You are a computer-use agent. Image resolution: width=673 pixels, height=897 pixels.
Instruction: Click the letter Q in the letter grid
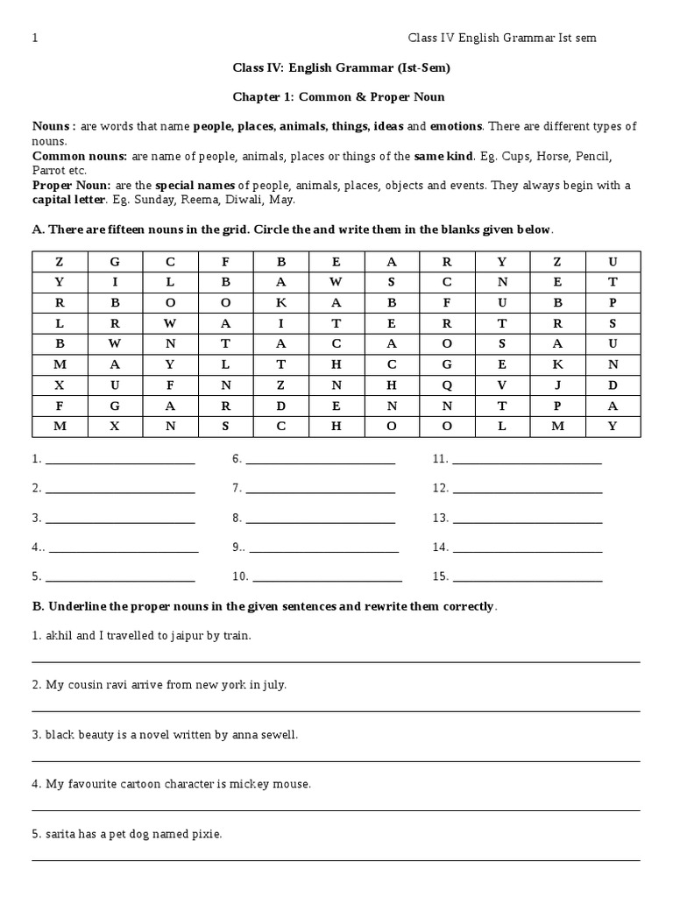tap(447, 385)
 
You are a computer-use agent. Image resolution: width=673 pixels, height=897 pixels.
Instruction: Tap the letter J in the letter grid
tap(557, 385)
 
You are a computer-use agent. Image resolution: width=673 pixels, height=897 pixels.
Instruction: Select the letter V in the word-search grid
tap(502, 385)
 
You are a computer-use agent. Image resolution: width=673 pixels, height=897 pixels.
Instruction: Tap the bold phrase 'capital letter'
tap(68, 200)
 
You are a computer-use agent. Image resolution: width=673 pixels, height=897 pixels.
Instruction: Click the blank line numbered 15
tap(528, 580)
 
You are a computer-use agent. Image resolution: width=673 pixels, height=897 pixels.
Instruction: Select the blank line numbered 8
tap(321, 522)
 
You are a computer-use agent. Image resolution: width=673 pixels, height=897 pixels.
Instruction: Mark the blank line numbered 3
tap(120, 522)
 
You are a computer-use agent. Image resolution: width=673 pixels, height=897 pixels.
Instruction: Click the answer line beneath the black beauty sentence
tap(336, 760)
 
